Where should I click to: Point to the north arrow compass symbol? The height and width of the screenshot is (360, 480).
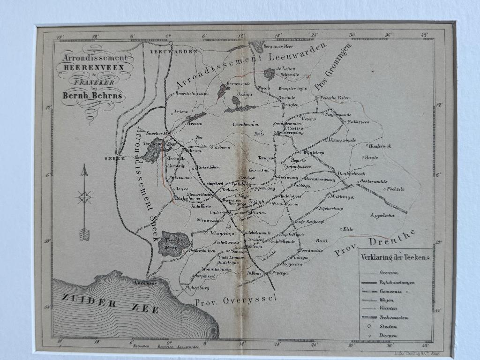click(84, 202)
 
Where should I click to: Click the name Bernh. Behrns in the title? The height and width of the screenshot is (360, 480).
click(92, 95)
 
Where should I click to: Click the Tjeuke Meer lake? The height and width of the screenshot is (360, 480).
click(174, 243)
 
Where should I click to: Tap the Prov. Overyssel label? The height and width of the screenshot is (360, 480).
click(236, 300)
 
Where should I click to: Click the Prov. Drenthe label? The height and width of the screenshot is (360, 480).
click(375, 244)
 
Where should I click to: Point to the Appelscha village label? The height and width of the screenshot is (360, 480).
click(382, 216)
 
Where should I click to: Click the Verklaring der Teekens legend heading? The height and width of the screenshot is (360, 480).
click(395, 257)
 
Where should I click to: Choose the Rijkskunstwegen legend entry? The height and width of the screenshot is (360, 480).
click(396, 282)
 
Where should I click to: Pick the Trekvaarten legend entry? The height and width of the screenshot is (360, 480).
click(394, 317)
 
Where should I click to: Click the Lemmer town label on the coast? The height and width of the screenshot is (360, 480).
click(144, 283)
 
